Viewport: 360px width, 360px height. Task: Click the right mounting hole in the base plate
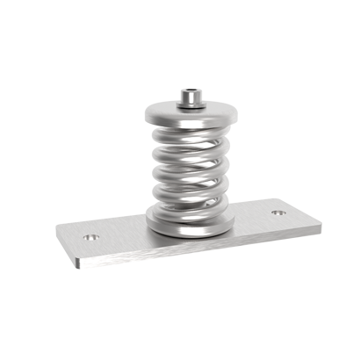point(277,212)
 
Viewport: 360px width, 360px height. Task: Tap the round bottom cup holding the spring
point(190,220)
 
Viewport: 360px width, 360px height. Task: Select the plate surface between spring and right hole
point(255,220)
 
